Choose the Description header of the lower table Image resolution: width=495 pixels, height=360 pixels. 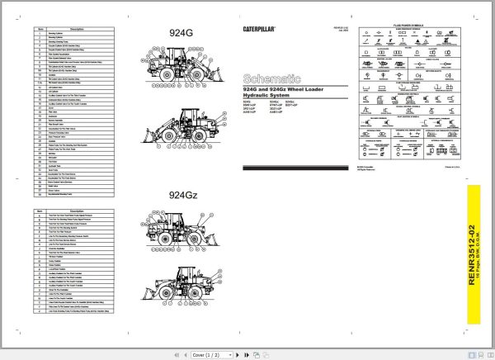click(x=81, y=211)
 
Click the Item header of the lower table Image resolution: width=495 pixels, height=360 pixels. click(x=39, y=211)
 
